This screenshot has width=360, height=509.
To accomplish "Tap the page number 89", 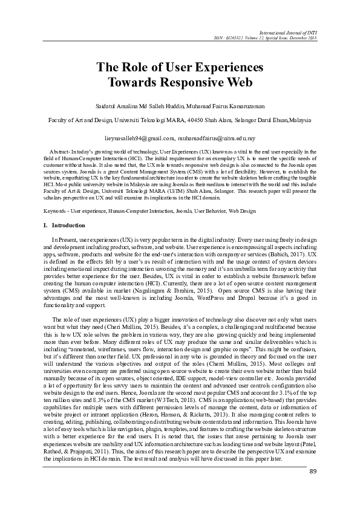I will coord(313,472).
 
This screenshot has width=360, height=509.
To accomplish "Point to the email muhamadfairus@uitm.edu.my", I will coord(217,138).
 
